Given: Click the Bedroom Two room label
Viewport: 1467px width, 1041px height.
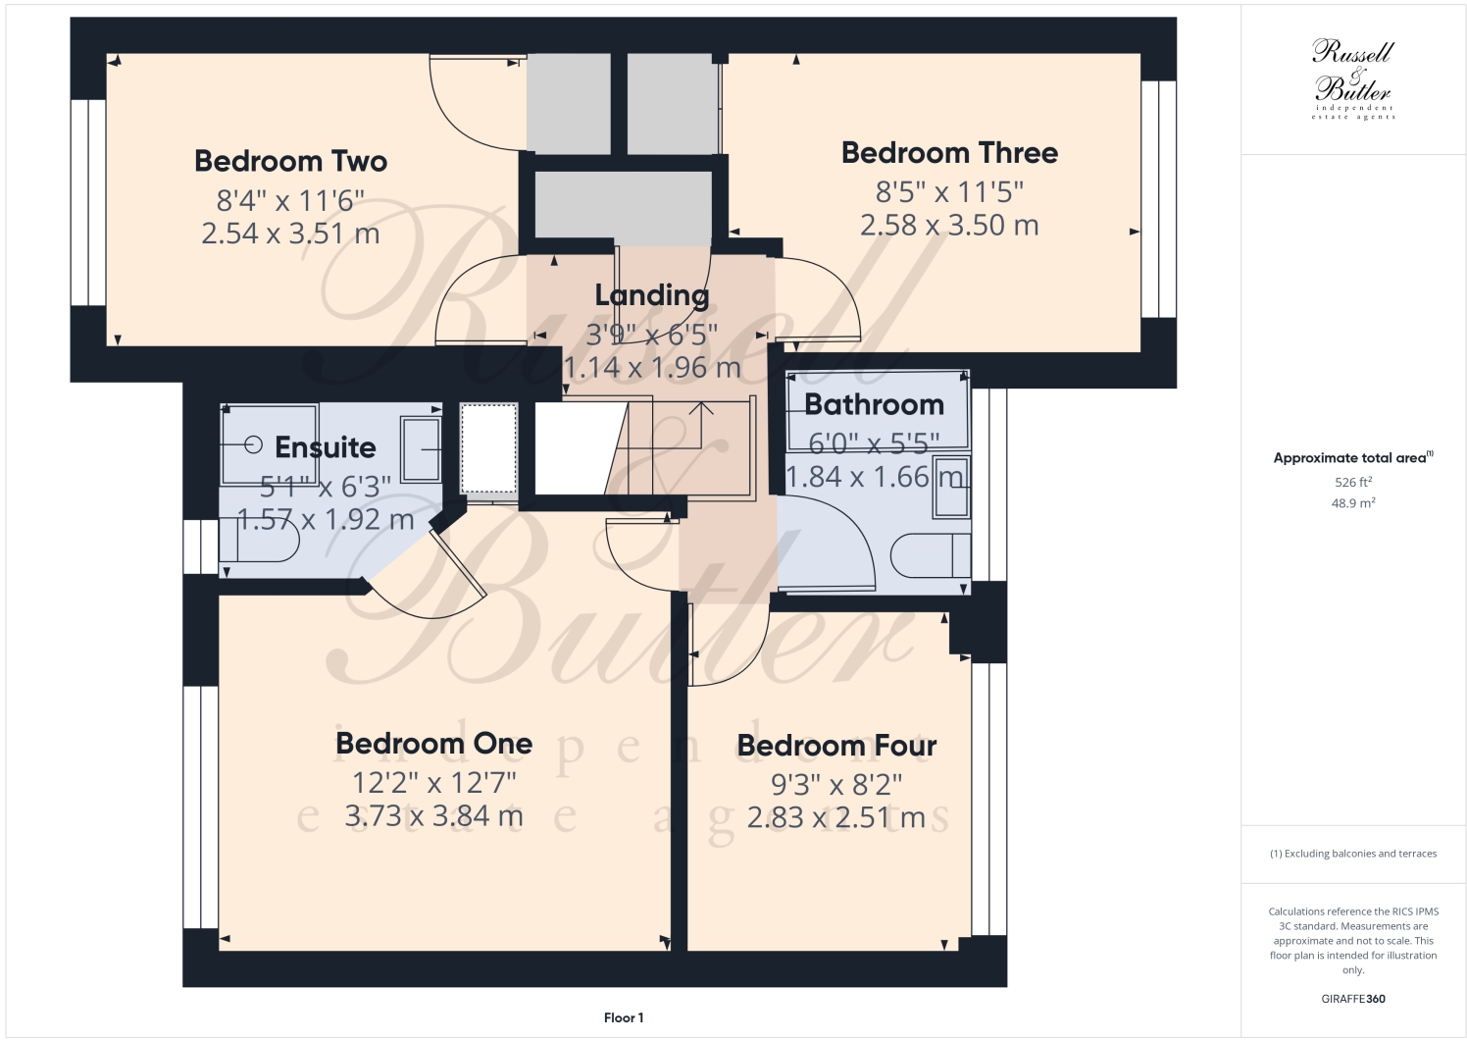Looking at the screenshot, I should click(x=290, y=161).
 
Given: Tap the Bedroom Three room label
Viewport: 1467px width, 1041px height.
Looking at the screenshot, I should click(x=949, y=153).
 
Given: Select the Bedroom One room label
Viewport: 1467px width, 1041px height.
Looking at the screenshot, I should click(x=433, y=744).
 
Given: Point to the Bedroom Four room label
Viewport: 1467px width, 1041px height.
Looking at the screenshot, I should click(x=836, y=746).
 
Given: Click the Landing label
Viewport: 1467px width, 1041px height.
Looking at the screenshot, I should click(x=651, y=295).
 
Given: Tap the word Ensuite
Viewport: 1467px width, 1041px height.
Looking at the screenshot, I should click(x=325, y=447).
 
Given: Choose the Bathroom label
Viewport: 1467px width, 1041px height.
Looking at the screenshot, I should click(x=874, y=404).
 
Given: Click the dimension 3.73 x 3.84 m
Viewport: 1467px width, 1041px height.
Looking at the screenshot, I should click(x=433, y=816).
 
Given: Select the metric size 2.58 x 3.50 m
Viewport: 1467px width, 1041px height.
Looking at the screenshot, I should click(x=949, y=226).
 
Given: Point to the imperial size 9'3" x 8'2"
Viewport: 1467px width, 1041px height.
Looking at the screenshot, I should click(x=836, y=785).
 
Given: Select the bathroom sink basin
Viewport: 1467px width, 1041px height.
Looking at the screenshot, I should click(x=950, y=487).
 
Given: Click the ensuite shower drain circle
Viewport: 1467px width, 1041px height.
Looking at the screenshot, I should click(x=253, y=444).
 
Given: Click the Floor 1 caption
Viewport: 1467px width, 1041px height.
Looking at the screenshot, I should click(x=624, y=1017).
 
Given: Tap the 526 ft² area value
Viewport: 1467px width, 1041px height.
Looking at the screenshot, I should click(x=1352, y=482).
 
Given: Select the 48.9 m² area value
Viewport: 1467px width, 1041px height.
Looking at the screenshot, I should click(x=1352, y=503).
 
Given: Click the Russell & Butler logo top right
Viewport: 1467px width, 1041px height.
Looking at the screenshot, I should click(x=1353, y=78).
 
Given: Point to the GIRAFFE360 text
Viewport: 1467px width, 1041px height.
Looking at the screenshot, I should click(x=1353, y=999).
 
